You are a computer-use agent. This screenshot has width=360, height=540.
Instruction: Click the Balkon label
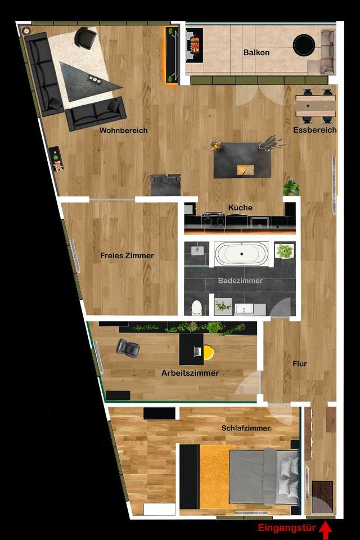[256, 52]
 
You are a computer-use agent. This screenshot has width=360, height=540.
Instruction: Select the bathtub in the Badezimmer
[241, 254]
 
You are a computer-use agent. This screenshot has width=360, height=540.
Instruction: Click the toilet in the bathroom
[196, 308]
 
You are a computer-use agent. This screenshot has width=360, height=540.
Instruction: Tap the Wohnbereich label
[123, 130]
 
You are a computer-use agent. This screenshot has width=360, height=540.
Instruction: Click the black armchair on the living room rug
[85, 37]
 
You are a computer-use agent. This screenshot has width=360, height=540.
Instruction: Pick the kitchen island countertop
[242, 160]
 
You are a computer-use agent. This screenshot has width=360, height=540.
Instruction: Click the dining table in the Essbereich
[316, 106]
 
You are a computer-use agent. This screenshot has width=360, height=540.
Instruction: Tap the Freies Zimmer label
[127, 255]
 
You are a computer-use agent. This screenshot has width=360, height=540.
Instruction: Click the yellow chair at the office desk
[208, 352]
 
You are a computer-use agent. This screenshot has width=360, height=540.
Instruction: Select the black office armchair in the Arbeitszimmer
[128, 346]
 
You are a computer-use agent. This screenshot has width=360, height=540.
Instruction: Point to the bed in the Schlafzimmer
[264, 476]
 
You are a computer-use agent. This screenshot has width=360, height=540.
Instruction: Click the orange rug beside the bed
[214, 476]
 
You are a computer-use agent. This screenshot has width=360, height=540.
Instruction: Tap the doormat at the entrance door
[322, 497]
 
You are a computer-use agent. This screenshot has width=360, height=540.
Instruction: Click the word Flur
[300, 364]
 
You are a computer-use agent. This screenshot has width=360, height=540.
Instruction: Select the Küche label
[240, 208]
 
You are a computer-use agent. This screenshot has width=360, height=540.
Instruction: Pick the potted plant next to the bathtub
[285, 251]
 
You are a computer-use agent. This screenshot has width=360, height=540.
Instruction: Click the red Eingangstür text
[287, 528]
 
